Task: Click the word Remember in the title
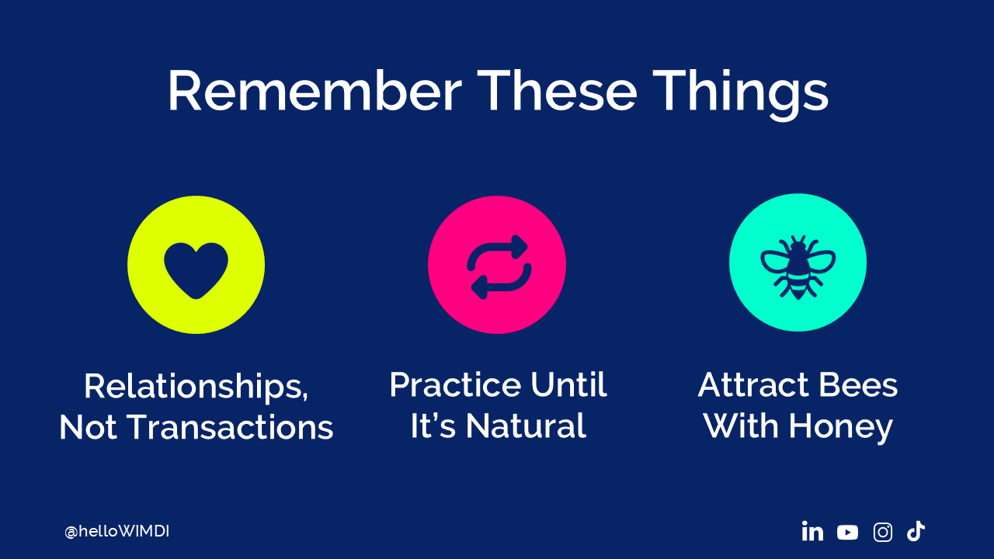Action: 315,91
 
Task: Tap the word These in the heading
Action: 557,90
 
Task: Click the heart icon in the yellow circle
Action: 196,271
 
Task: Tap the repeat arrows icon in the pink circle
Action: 498,266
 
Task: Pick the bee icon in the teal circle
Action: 798,268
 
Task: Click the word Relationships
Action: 196,387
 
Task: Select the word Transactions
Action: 231,427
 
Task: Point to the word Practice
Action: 454,384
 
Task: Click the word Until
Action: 568,384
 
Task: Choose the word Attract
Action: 752,384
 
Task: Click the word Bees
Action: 858,384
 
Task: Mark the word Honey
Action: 840,428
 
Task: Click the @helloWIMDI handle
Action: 117,532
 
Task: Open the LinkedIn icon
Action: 812,531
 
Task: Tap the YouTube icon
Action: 847,533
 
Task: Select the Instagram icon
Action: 883,532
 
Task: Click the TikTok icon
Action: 916,531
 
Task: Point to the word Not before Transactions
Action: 88,427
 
